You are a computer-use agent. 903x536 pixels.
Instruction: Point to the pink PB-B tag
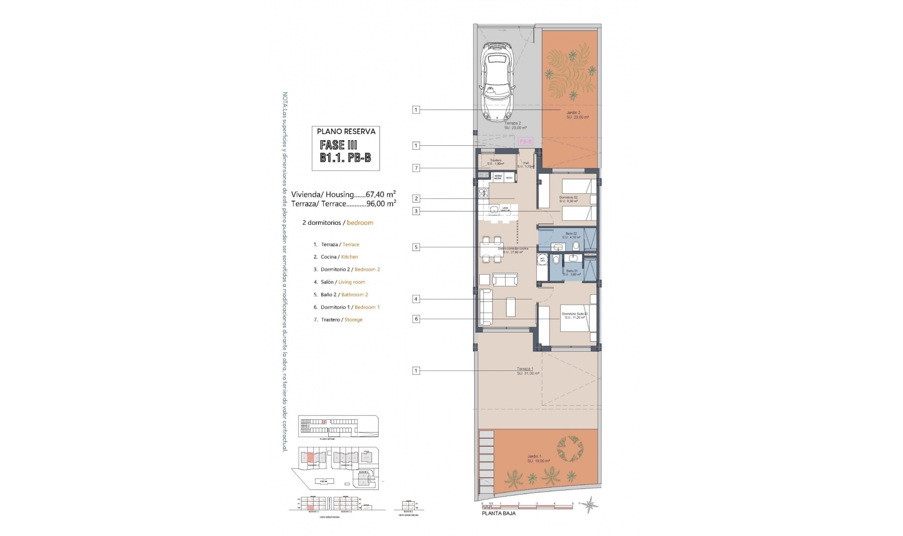coord(525,141)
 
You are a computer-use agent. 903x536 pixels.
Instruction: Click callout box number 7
coord(416,168)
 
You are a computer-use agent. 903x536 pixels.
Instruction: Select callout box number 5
coord(416,247)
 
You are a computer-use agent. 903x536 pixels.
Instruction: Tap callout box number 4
coord(416,299)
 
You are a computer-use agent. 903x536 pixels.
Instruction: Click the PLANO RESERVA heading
coord(346,132)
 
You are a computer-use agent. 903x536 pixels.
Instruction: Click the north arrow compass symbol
coord(589,505)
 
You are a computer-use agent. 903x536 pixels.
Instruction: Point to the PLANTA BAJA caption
coord(499,513)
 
